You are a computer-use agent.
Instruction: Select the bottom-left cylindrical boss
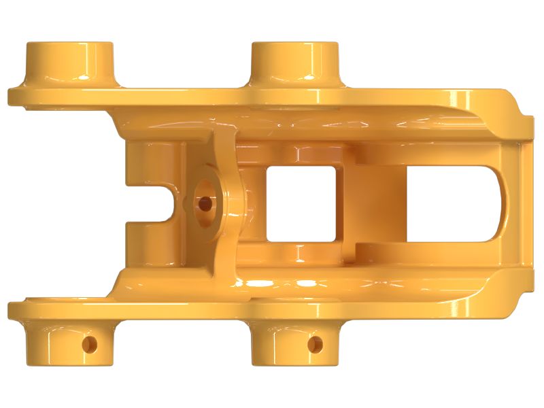click(x=69, y=343)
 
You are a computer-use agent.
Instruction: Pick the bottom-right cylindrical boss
click(x=294, y=343)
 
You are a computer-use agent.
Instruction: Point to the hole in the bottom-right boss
click(x=315, y=344)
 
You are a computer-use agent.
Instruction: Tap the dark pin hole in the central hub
click(x=204, y=202)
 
